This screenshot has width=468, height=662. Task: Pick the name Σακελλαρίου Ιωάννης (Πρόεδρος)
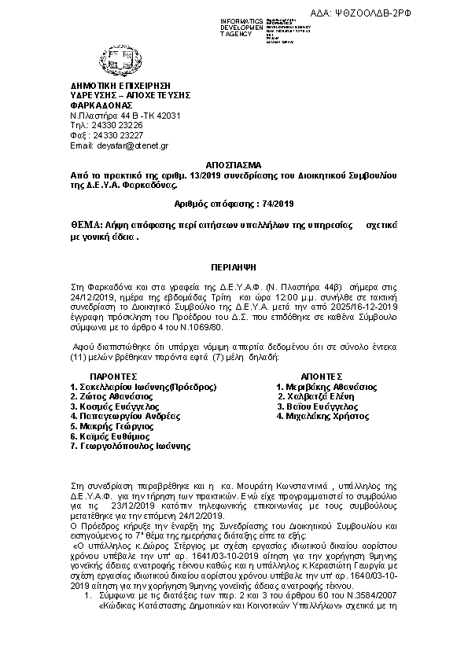pyautogui.click(x=143, y=387)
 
